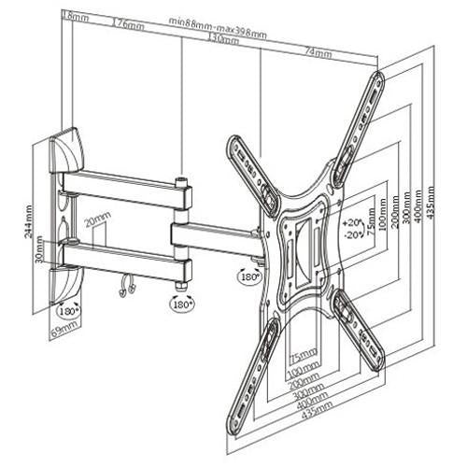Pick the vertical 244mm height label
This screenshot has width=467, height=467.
(31, 223)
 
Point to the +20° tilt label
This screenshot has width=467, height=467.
(352, 223)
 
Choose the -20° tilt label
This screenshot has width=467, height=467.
(352, 234)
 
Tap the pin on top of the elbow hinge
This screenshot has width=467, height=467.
(181, 175)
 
